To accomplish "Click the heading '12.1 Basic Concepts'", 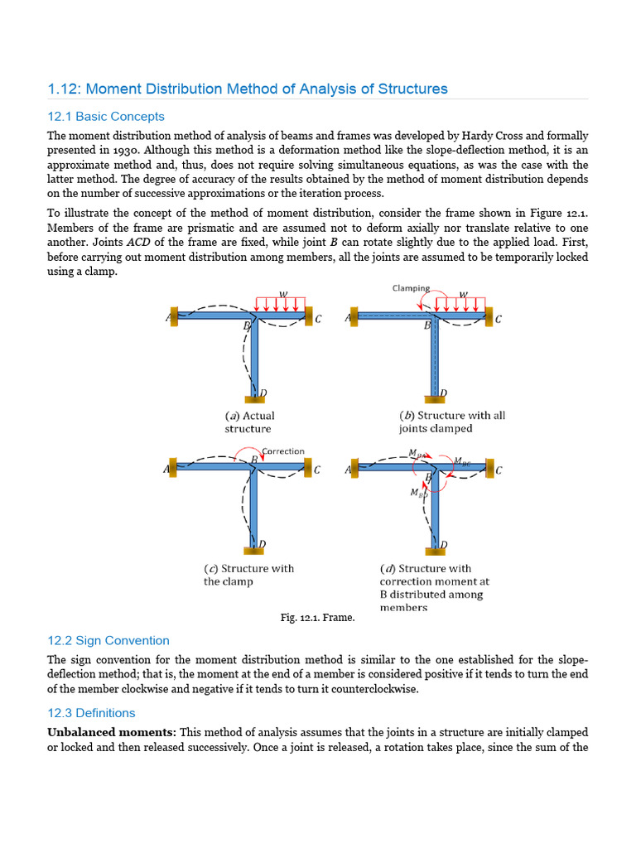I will (105, 117).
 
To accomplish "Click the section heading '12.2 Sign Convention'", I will (108, 640).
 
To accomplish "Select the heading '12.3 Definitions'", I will (91, 713).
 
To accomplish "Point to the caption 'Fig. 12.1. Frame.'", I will (317, 618).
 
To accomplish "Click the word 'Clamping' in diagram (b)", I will (411, 288).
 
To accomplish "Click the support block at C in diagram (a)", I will (310, 315).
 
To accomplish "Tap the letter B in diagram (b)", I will (427, 326).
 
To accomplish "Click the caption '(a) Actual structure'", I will (248, 422).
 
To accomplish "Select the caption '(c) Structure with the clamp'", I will (248, 575).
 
